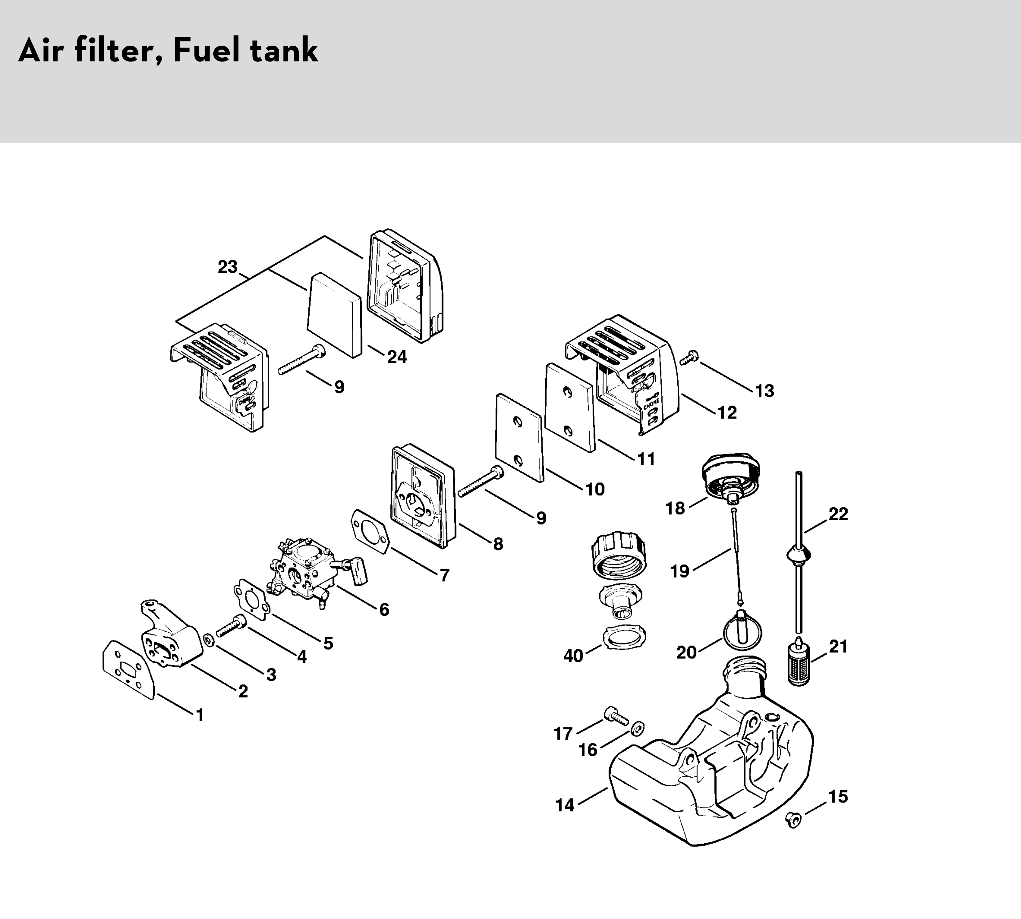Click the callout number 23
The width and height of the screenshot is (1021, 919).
click(228, 267)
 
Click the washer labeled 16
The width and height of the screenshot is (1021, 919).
click(637, 728)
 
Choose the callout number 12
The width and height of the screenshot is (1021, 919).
click(727, 413)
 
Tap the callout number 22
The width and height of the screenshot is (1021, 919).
click(838, 514)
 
